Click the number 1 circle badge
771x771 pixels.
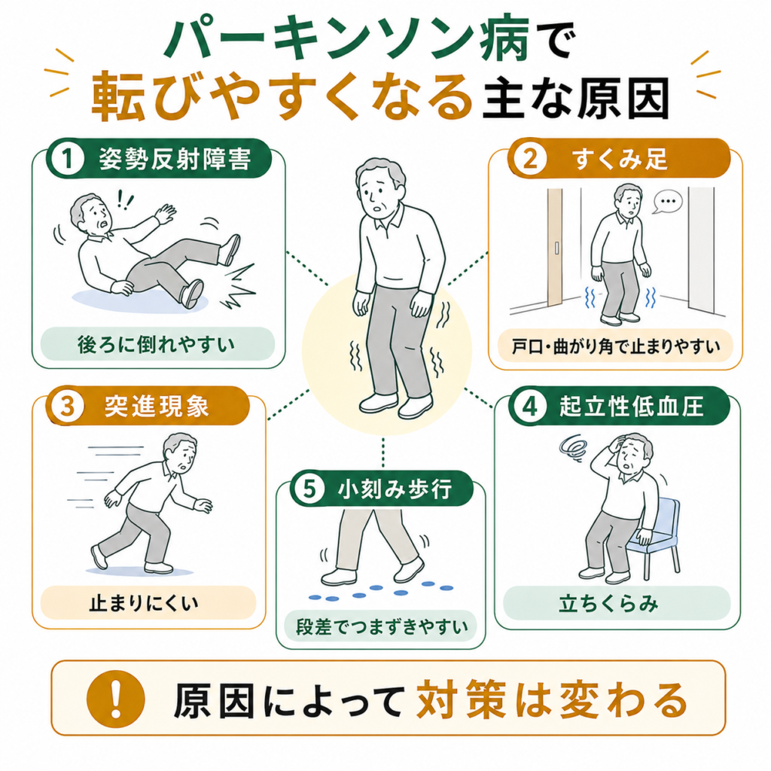(67, 159)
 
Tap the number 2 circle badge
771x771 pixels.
(529, 159)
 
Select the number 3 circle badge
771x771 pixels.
(67, 407)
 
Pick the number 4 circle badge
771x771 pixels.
(529, 407)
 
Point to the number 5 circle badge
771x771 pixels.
(309, 489)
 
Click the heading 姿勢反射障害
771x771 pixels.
(175, 159)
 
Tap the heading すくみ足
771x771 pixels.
(620, 159)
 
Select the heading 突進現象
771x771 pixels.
(157, 407)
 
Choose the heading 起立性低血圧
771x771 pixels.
(632, 407)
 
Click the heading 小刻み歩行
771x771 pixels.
(395, 489)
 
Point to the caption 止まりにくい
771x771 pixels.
(144, 603)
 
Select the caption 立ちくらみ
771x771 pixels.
(608, 603)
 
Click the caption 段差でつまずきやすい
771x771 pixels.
(382, 626)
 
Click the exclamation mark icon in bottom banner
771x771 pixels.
(115, 699)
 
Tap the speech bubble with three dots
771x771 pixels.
(668, 202)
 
